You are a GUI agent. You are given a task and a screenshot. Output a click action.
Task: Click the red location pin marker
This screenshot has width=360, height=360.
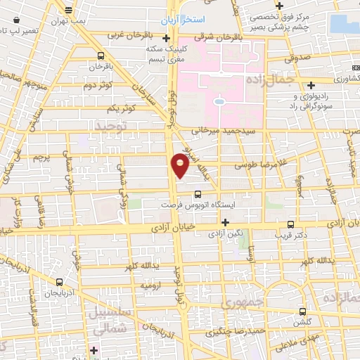[180, 165]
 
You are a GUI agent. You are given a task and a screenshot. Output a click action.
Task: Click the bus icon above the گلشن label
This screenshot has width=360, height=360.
[303, 310]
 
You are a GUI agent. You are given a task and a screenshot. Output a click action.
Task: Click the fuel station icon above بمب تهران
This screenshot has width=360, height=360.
[68, 11]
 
